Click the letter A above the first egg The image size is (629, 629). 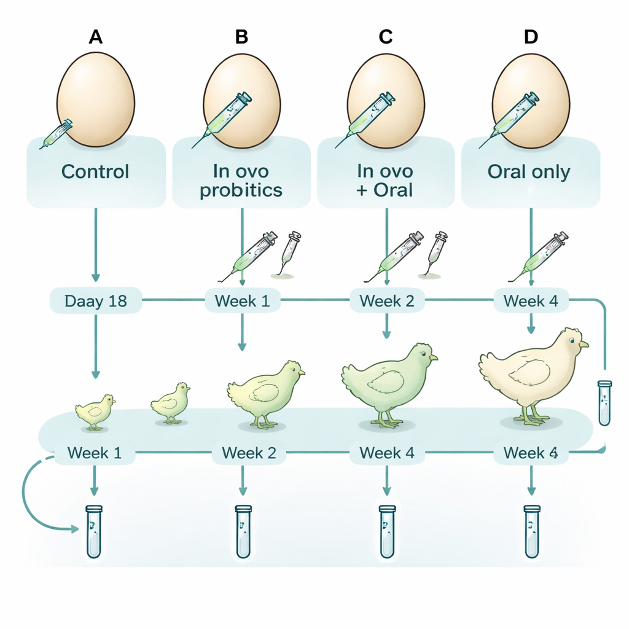coord(95,37)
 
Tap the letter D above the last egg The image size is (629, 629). coord(531,37)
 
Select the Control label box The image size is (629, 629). coord(96,171)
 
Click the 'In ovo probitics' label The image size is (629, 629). coord(241,179)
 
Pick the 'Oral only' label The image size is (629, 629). coord(529,171)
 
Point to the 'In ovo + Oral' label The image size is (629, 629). coord(385,179)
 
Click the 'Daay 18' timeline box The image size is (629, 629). coord(95,302)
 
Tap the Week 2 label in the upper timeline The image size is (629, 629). coord(387,302)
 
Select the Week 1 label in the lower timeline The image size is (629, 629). coord(94,453)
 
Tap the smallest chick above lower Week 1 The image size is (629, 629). coord(95,412)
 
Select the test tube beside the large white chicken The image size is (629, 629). coord(605,403)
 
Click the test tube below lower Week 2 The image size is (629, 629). coord(243,531)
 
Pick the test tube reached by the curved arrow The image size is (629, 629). coord(93,531)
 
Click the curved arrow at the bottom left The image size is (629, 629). coord(31,498)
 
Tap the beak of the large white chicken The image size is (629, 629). coord(584,345)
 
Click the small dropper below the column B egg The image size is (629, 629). coord(289,252)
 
